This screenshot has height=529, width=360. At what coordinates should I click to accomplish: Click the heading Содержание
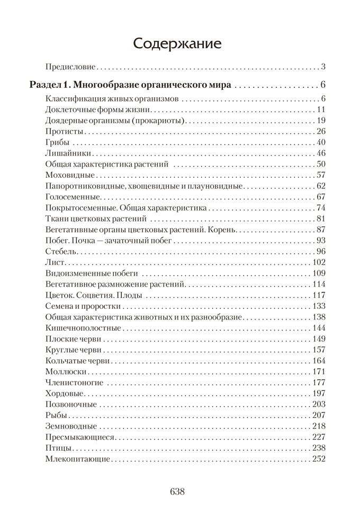[177, 43]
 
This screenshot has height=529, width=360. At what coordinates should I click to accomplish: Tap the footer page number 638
[177, 491]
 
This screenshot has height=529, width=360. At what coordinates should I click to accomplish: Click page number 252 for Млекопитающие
[318, 459]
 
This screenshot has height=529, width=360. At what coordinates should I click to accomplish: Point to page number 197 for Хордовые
[318, 393]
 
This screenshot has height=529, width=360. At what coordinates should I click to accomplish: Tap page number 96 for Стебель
[320, 251]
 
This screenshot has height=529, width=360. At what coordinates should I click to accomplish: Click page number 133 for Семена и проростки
[318, 306]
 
